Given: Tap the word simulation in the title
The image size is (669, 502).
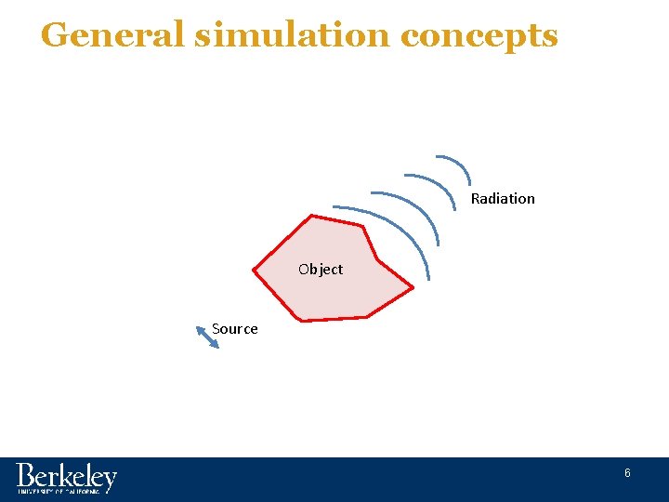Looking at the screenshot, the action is click(294, 35).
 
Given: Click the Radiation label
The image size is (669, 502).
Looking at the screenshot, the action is click(503, 198).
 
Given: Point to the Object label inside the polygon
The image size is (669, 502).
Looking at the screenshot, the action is click(321, 270).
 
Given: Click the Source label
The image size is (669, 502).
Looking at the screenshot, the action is click(235, 328).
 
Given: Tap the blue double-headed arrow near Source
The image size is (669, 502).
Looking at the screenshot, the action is click(208, 337).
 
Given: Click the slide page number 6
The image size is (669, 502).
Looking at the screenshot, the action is click(627, 473).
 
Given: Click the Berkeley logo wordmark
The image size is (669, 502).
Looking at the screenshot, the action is click(66, 477).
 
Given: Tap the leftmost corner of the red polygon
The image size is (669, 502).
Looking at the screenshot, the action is click(254, 270).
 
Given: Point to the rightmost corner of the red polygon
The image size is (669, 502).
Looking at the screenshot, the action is click(413, 287).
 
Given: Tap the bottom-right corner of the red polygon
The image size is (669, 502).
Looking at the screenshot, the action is click(368, 317).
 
